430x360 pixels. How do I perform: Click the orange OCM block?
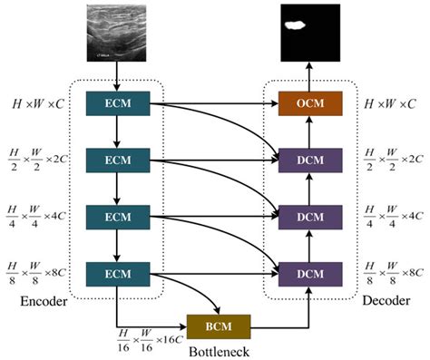click(310, 105)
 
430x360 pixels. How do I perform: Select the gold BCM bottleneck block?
click(218, 326)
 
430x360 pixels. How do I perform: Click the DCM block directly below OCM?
click(310, 161)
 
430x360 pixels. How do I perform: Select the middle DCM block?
click(310, 217)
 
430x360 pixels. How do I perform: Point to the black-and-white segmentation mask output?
click(310, 32)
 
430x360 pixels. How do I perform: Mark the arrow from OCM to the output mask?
click(310, 75)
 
